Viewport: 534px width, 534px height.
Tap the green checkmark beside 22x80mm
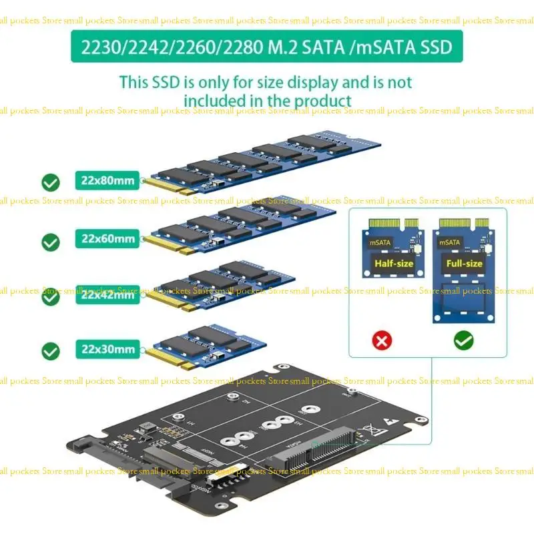(50, 182)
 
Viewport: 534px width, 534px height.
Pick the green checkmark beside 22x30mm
(50, 350)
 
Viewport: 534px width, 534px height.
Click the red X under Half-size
(382, 342)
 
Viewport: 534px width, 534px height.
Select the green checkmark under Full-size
(463, 341)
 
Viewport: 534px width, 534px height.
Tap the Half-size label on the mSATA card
(393, 264)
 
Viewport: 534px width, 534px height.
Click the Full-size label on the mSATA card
(465, 263)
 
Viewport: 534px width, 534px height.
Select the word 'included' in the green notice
(221, 101)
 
